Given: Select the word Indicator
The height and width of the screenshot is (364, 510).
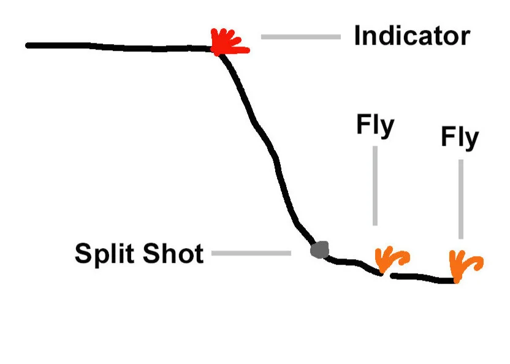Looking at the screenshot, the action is [411, 36].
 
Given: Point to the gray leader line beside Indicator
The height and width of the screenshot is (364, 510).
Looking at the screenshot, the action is [300, 37].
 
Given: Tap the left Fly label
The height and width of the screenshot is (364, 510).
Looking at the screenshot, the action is [375, 127].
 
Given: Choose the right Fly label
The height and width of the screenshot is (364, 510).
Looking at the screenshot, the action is [460, 138].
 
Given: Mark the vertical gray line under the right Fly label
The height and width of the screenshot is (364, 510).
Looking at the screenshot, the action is [460, 199].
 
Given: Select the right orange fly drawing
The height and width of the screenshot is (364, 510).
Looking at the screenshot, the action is [464, 264].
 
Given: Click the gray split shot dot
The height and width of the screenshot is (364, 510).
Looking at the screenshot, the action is [319, 249].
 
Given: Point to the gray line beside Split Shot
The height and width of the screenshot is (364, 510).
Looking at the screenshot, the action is [251, 252].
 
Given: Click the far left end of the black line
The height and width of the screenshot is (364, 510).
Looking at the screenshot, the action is [28, 45].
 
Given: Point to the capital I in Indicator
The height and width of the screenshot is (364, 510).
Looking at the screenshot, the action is [358, 36].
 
